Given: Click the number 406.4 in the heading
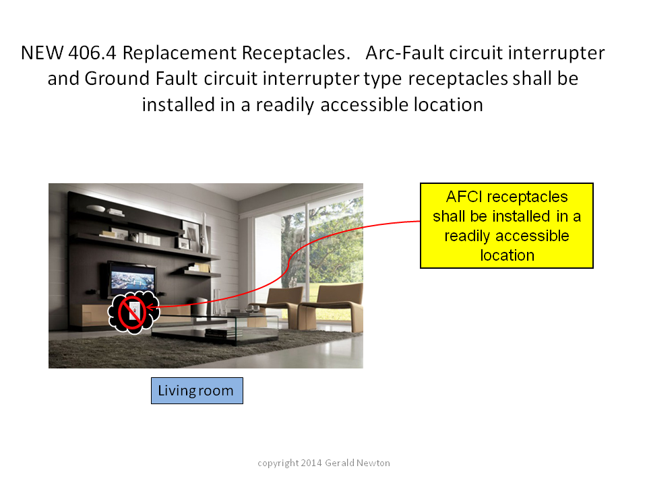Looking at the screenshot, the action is click(x=92, y=53).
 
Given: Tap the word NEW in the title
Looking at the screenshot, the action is click(x=42, y=53).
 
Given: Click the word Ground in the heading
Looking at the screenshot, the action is click(x=117, y=78).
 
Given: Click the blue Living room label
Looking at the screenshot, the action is click(x=197, y=391).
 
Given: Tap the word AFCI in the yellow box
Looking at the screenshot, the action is click(x=464, y=197).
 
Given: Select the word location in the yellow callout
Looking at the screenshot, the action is click(x=507, y=255).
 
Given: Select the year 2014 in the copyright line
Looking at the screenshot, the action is click(x=311, y=463).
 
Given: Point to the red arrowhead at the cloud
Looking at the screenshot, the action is click(x=150, y=307).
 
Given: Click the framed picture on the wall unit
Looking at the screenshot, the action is click(x=191, y=232).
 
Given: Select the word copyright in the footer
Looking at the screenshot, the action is click(x=278, y=463).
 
